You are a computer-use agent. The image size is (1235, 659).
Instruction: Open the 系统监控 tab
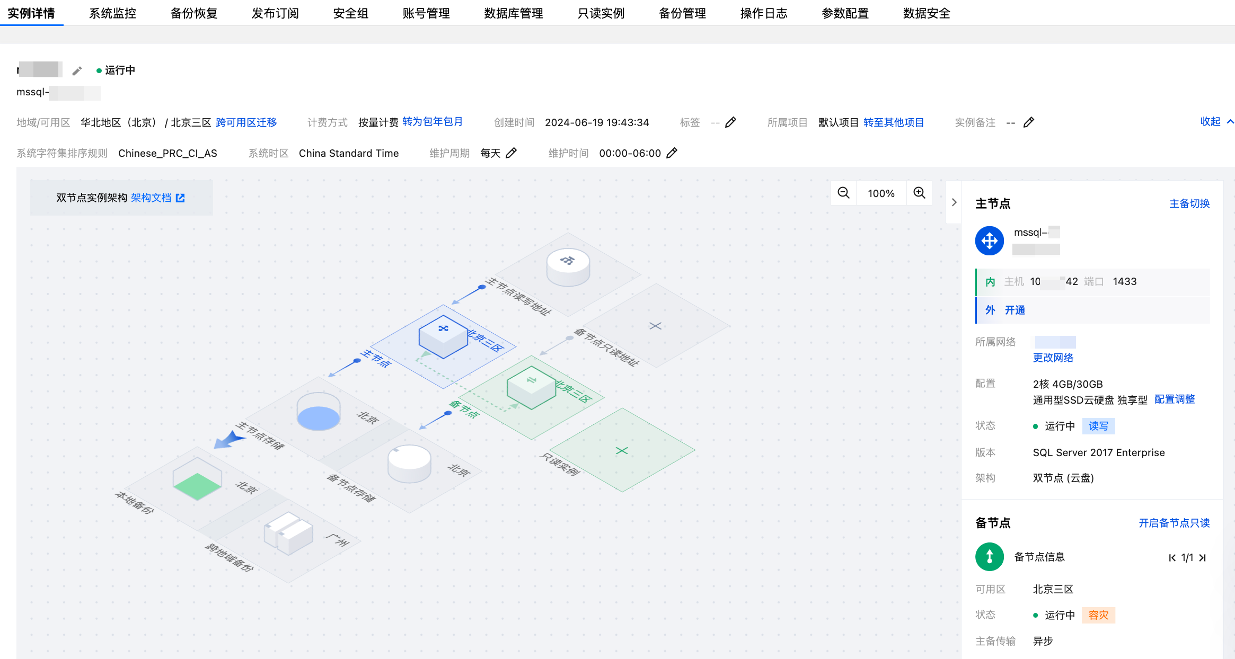click(112, 13)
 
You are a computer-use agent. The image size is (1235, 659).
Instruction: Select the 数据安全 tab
click(926, 13)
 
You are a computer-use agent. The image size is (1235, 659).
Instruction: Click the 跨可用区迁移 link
click(246, 122)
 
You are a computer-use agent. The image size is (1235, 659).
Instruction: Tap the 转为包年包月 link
click(432, 122)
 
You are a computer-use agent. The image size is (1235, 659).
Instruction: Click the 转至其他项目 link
click(893, 122)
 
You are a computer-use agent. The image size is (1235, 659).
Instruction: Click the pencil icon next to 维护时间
click(672, 153)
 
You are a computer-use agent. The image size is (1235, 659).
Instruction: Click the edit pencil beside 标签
click(730, 122)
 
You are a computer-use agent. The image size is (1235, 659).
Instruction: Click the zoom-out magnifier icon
click(843, 193)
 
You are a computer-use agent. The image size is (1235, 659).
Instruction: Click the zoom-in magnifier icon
click(919, 193)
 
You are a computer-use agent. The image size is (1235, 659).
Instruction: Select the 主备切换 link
click(1189, 203)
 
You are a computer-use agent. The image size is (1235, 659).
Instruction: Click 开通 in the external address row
click(1015, 310)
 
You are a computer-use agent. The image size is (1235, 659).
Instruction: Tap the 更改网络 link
click(1053, 358)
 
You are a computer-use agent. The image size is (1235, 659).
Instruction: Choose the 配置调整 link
click(1174, 399)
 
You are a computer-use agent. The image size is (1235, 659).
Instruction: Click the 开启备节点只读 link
click(1174, 523)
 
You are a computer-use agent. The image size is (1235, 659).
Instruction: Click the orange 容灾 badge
click(1098, 615)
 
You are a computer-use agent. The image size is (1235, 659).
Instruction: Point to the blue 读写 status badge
click(1098, 426)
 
